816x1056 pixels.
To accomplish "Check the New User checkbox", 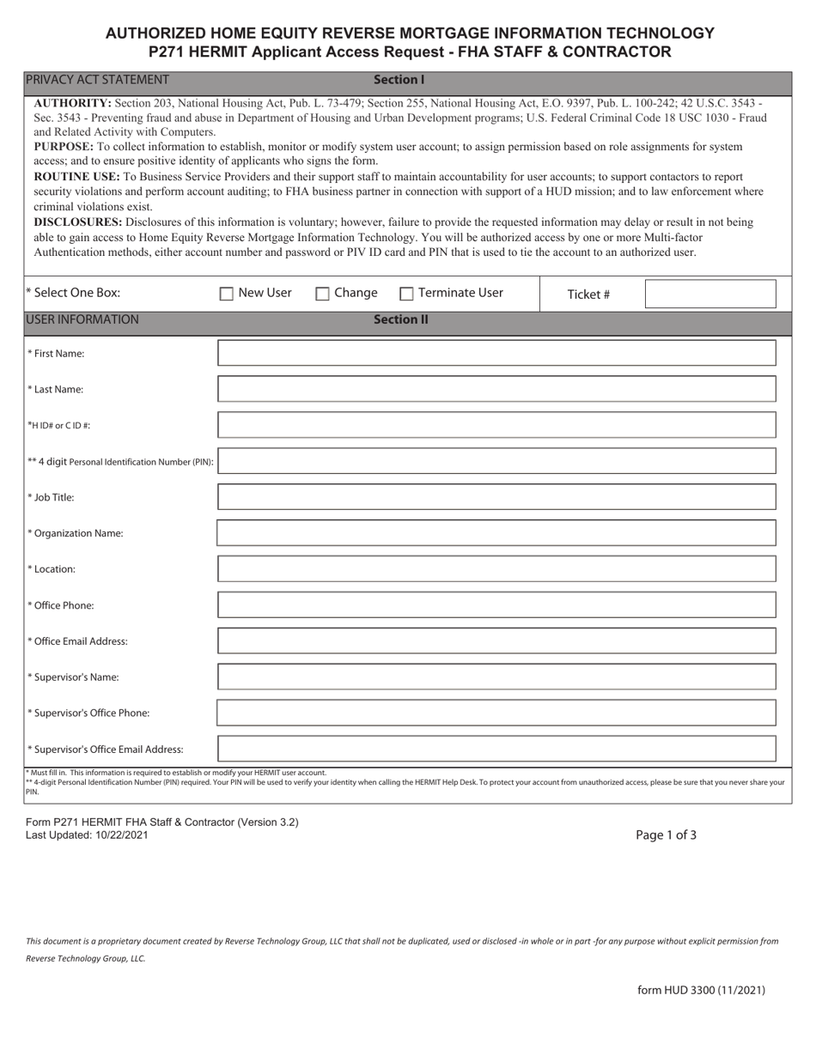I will [227, 294].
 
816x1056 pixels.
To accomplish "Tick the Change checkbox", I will [323, 294].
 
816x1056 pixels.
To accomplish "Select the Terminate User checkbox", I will [407, 294].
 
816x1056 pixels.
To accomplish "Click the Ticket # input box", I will [710, 294].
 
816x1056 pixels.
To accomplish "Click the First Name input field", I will [496, 353].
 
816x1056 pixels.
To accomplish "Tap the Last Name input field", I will [496, 389].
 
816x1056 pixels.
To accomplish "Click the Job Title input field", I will [496, 497].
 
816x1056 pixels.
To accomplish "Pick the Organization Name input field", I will [496, 533].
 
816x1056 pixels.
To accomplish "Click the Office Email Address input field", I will [496, 640].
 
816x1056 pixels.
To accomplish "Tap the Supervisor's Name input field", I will [496, 677].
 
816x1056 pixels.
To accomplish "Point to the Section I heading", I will [399, 80].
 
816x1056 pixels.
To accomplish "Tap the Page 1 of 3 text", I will [666, 834].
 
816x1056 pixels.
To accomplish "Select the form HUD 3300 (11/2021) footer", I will [701, 990].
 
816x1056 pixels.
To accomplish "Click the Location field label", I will [54, 569].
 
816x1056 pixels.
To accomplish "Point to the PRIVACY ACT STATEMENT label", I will [97, 80].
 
